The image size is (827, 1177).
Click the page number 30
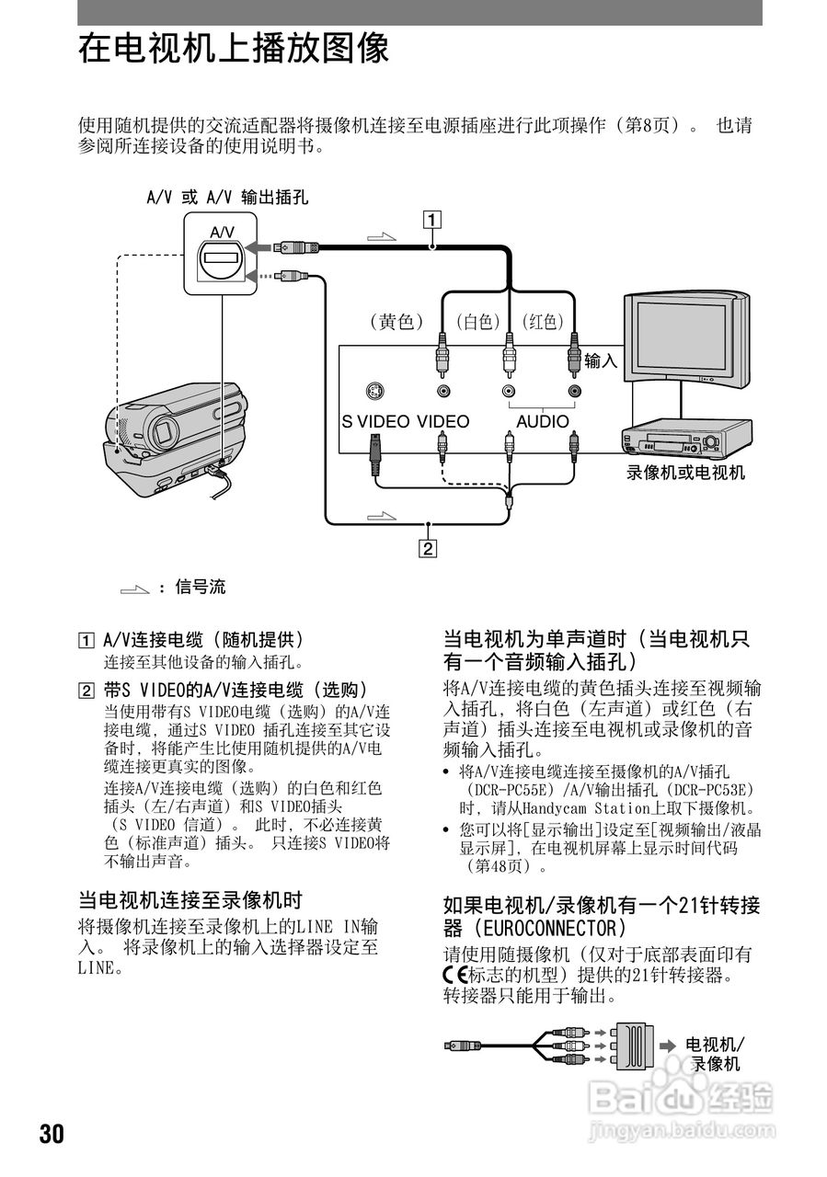(52, 1134)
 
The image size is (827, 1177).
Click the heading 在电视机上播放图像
(234, 49)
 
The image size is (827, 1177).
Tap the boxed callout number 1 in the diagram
(430, 220)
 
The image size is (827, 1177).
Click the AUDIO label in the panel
(542, 422)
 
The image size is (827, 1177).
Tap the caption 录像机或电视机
(685, 474)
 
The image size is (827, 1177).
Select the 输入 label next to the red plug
(601, 361)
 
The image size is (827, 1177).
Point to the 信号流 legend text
(200, 587)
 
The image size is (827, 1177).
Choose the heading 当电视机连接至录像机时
(190, 899)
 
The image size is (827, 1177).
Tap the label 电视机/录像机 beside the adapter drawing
(715, 1054)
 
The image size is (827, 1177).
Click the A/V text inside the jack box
(222, 232)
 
